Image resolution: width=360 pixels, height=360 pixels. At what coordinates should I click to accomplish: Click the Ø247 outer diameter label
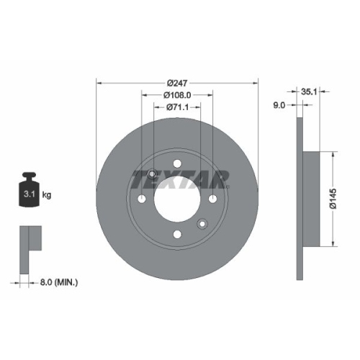(177, 82)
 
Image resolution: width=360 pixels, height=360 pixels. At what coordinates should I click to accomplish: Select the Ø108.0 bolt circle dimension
(177, 94)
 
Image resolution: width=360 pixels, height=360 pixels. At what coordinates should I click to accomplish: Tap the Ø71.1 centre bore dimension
(177, 107)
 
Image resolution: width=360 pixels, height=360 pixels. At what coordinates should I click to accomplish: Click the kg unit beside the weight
(48, 194)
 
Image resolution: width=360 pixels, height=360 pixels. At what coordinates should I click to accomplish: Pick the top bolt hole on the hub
(177, 164)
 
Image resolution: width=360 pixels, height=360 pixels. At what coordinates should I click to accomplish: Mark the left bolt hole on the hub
(142, 201)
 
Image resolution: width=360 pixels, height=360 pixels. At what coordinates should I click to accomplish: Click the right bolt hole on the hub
(213, 201)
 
